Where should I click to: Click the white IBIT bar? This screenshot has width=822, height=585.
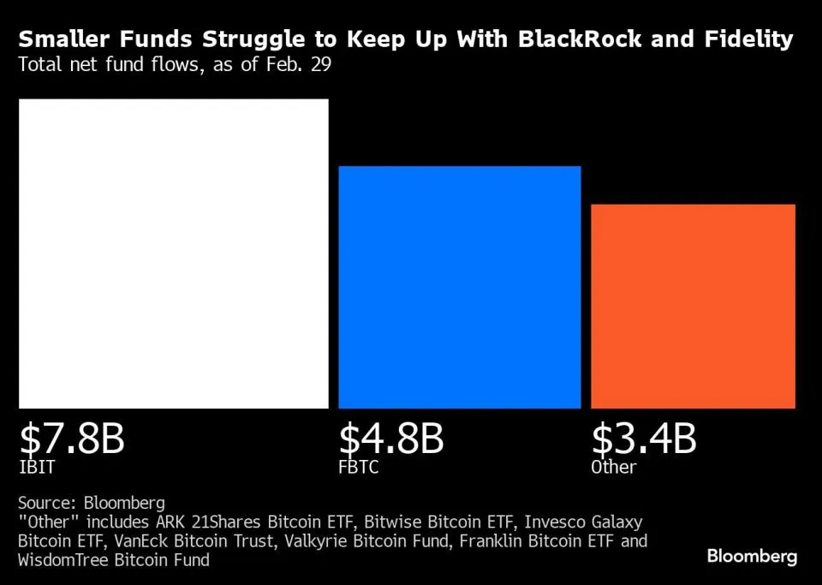[174, 254]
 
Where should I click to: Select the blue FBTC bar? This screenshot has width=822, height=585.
[460, 287]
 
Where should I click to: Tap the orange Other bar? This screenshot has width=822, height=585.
[693, 306]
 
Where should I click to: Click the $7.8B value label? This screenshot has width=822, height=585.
[72, 439]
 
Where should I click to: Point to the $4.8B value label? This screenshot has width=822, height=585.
[391, 439]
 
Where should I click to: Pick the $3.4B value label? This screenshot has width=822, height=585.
[644, 439]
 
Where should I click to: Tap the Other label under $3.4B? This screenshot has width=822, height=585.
[614, 468]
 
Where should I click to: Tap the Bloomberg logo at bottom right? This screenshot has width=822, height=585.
[752, 557]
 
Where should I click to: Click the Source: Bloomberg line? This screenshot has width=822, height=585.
[92, 503]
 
